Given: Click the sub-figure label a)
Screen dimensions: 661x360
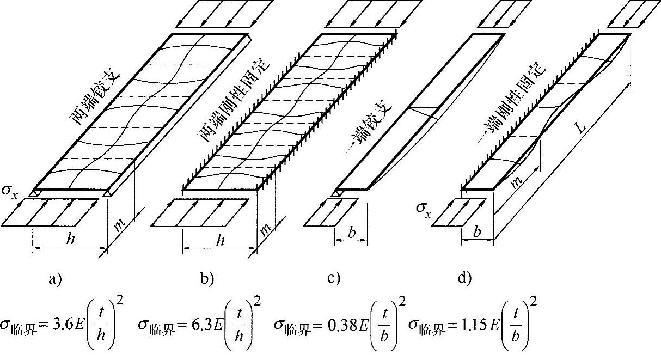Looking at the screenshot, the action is click(56, 280).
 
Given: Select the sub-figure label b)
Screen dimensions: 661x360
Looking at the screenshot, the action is click(207, 280).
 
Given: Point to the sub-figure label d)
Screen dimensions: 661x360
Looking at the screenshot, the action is click(464, 280).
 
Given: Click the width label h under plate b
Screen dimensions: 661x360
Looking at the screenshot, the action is click(219, 241).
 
